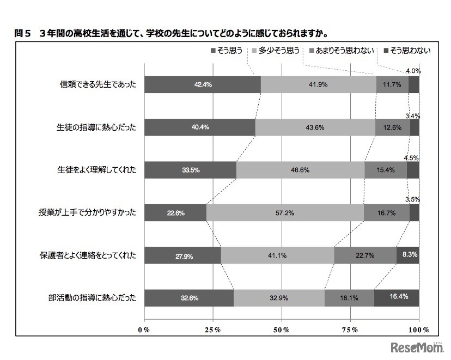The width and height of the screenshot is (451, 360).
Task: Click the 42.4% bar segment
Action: pos(203,85)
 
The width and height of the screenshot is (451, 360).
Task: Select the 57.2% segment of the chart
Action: pos(285,213)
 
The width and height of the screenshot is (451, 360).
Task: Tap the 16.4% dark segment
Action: pos(396,298)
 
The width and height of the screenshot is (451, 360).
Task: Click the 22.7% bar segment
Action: pos(365,255)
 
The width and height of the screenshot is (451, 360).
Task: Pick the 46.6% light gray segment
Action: pos(300,170)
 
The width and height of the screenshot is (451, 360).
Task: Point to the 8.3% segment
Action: pos(407,255)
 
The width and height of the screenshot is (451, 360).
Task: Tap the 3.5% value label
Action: pos(412,199)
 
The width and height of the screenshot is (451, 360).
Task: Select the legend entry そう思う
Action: pos(226,51)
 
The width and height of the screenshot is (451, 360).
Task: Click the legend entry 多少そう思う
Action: pos(275,51)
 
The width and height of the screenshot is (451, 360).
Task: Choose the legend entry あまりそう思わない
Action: pos(342,51)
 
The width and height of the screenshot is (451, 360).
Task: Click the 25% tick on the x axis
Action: pos(213,330)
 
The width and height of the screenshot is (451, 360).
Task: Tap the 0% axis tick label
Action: pos(144,330)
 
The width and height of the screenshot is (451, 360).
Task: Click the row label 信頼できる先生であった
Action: pos(98,85)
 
